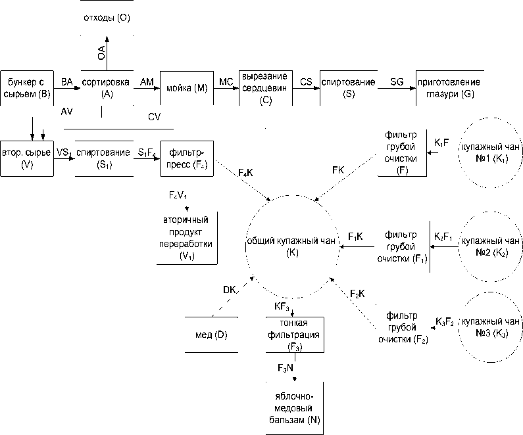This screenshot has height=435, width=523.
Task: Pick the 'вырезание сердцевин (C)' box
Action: point(265,88)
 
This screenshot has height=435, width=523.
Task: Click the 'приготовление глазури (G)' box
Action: point(449,88)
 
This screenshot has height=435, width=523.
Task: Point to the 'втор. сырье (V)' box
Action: point(26,158)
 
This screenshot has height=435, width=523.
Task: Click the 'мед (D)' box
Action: point(212,335)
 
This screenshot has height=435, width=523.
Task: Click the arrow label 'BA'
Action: point(67,81)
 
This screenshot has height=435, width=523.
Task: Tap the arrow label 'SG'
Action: point(397,81)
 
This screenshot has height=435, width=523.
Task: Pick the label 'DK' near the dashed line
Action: point(229,290)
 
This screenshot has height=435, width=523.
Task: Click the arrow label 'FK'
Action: point(338,170)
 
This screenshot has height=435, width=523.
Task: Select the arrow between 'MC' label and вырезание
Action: point(228,89)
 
